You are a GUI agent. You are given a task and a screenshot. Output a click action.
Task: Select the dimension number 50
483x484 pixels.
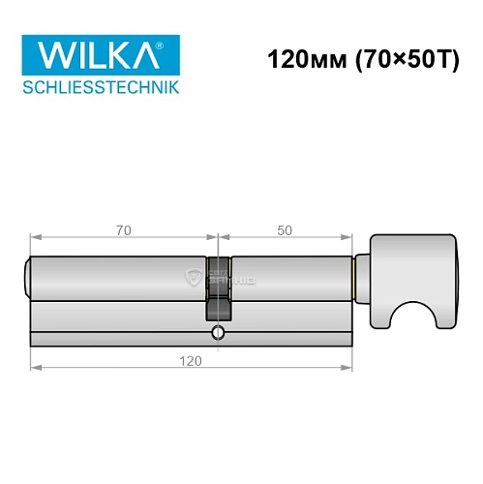(285, 229)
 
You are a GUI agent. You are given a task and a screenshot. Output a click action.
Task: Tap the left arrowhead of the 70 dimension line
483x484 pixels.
(35, 237)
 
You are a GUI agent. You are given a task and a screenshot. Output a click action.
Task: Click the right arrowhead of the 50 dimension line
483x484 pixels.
(347, 237)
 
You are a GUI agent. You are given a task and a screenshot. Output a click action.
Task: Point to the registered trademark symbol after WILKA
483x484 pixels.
(172, 44)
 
